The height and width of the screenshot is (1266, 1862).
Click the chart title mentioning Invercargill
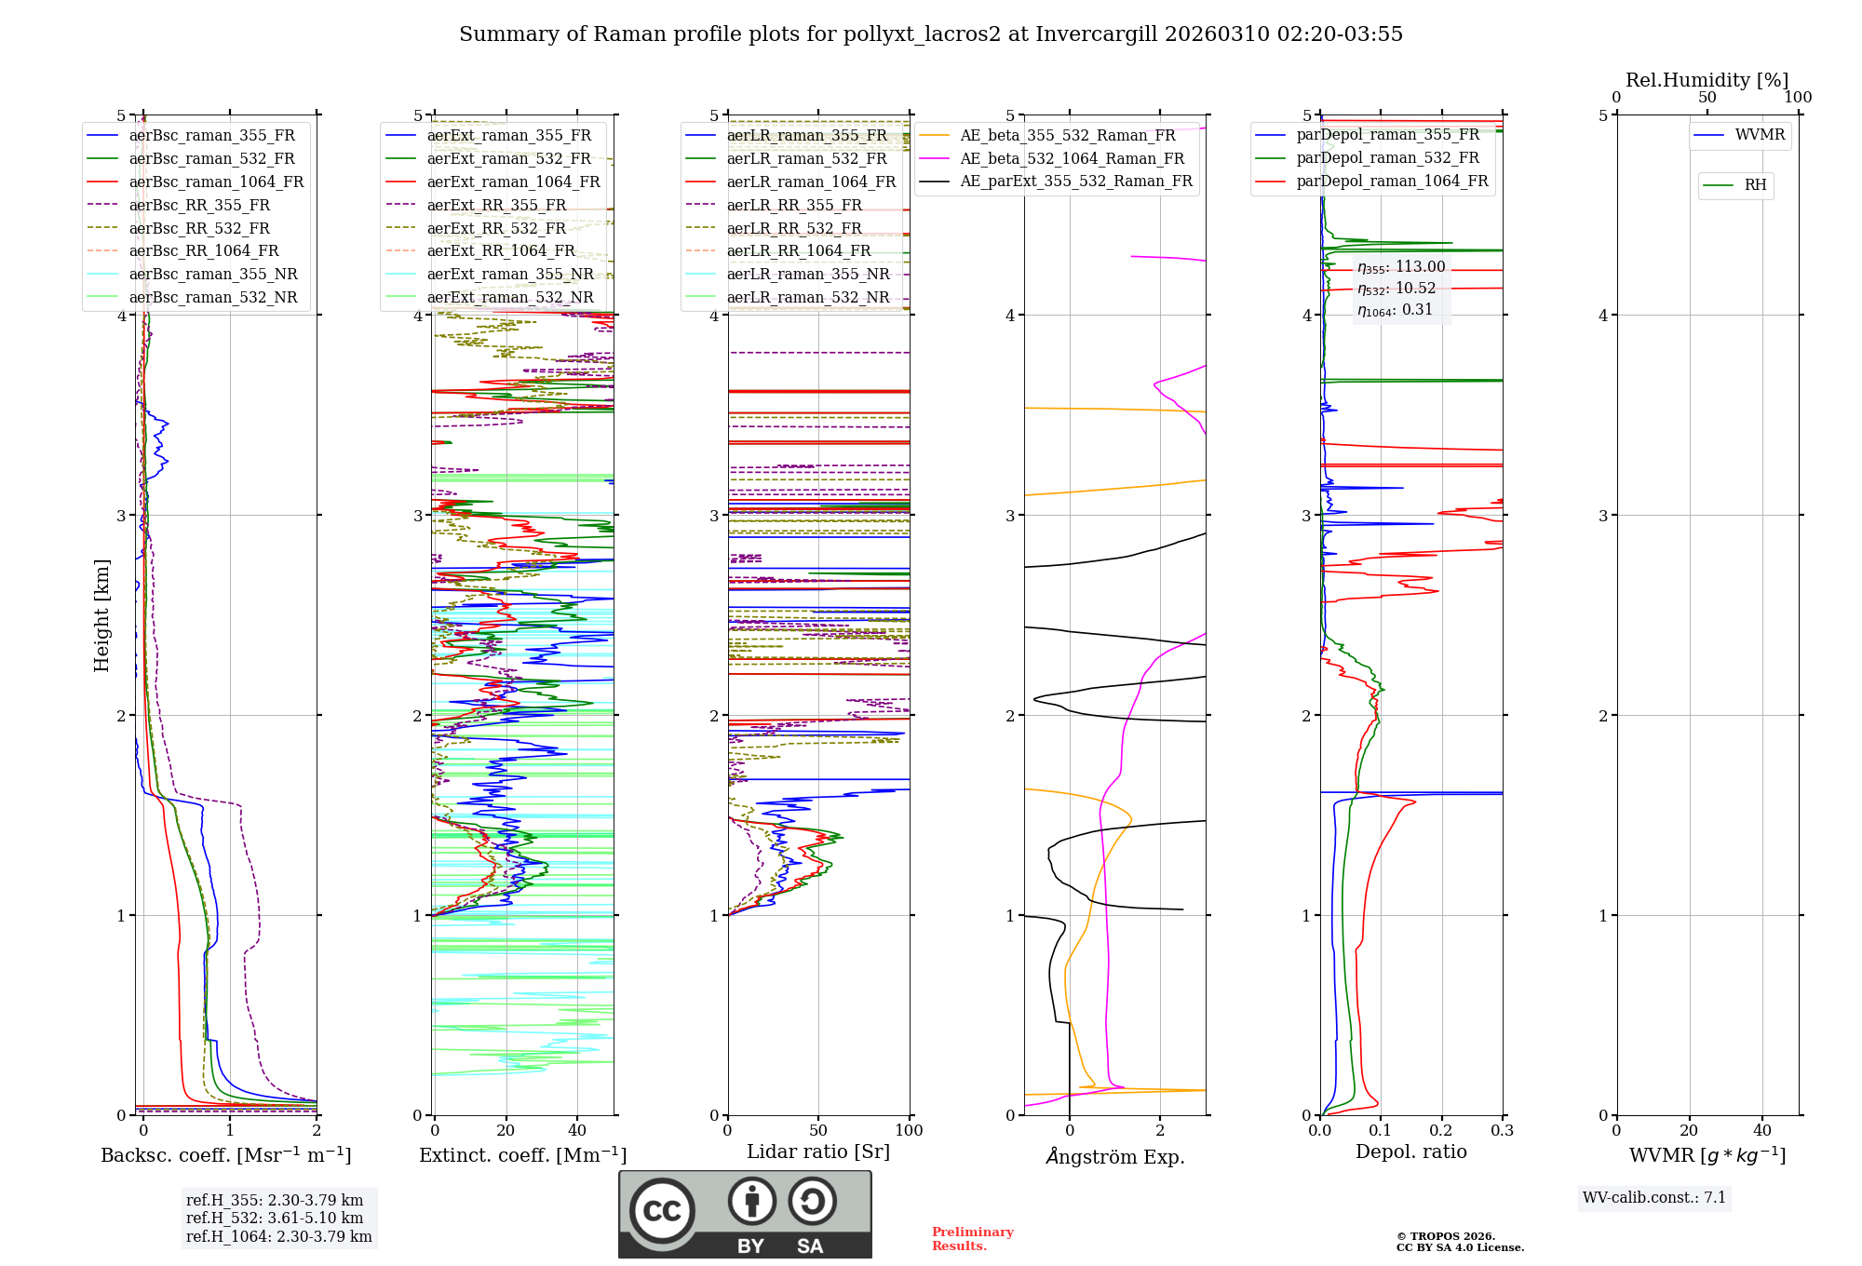pos(930,34)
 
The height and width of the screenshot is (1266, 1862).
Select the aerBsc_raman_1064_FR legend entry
pos(216,182)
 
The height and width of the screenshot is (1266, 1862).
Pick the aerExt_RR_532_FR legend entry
pos(496,228)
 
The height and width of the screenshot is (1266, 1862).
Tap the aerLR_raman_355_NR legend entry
pos(808,274)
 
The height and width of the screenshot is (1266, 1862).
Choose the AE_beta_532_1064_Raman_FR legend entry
pos(1072,158)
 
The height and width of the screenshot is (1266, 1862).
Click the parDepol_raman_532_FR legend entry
pos(1387,157)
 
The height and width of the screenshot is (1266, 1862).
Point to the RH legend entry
pos(1755,185)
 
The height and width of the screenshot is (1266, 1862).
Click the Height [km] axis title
pos(101,615)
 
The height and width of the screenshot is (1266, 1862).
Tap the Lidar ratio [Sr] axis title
pos(818,1152)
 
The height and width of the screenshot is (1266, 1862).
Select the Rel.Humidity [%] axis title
pos(1707,80)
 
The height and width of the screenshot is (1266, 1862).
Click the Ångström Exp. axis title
pos(1115,1157)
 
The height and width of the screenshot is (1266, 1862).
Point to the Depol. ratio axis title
pos(1410,1152)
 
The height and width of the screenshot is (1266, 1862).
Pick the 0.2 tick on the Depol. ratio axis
pos(1441,1131)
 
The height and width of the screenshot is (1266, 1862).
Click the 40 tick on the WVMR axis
pos(1762,1131)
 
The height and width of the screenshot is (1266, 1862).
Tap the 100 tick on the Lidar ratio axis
pos(909,1131)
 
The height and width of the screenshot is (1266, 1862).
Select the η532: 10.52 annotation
pos(1396,289)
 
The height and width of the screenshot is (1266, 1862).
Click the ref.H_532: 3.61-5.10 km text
pos(275,1218)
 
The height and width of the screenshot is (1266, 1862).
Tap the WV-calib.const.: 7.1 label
pos(1654,1198)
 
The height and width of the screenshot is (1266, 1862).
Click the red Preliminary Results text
pos(972,1239)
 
